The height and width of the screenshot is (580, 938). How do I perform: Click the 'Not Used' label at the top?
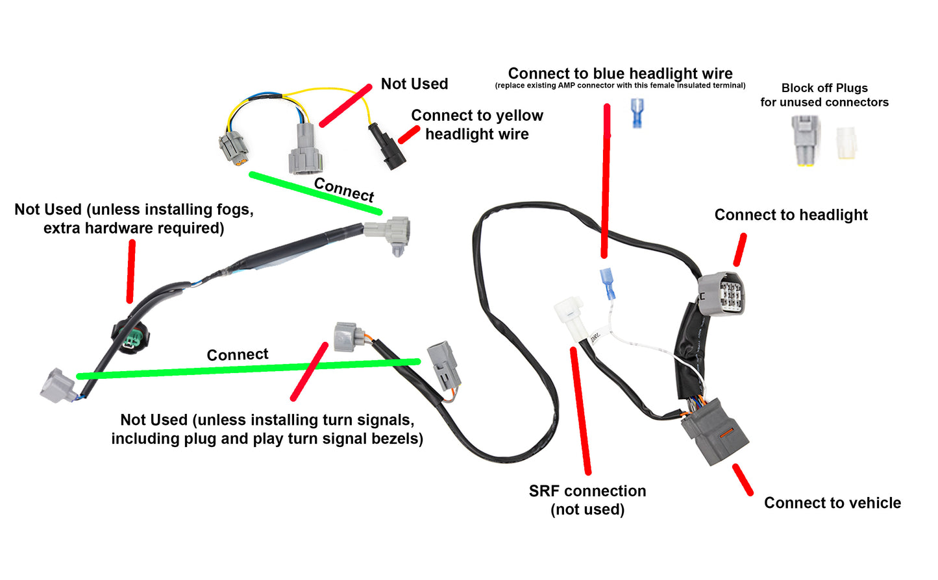[414, 84]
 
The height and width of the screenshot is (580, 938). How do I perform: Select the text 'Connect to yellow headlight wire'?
[477, 125]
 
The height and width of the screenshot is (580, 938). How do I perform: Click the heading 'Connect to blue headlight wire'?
[620, 73]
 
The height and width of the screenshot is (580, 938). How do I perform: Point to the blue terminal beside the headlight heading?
[637, 112]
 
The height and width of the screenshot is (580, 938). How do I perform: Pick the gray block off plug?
[806, 139]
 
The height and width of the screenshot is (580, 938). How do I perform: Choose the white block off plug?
[846, 142]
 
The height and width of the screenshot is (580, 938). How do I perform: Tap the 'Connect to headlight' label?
[791, 215]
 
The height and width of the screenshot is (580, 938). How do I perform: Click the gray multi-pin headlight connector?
[722, 294]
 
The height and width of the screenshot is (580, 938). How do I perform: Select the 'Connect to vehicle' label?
[832, 503]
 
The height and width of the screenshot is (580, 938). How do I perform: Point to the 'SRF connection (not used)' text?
[587, 500]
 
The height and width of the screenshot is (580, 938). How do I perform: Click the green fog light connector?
[132, 337]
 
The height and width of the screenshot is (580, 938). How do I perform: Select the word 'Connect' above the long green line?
[237, 355]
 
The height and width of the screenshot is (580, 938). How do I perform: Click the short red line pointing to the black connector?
[408, 134]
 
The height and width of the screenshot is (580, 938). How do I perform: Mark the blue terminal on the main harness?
[608, 284]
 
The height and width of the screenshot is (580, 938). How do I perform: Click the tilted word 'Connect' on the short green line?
[344, 190]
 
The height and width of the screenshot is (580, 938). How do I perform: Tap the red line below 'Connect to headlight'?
[740, 250]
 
